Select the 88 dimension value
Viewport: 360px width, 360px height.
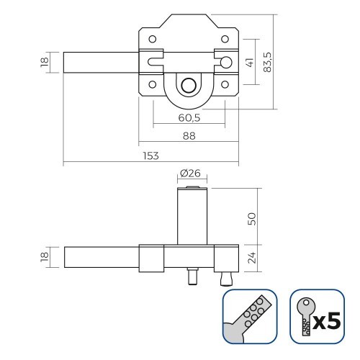point(189,136)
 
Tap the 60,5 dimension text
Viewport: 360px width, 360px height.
point(189,117)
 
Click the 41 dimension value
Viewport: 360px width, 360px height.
point(250,63)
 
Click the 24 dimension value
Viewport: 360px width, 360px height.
point(251,258)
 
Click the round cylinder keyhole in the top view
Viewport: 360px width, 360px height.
point(189,85)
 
